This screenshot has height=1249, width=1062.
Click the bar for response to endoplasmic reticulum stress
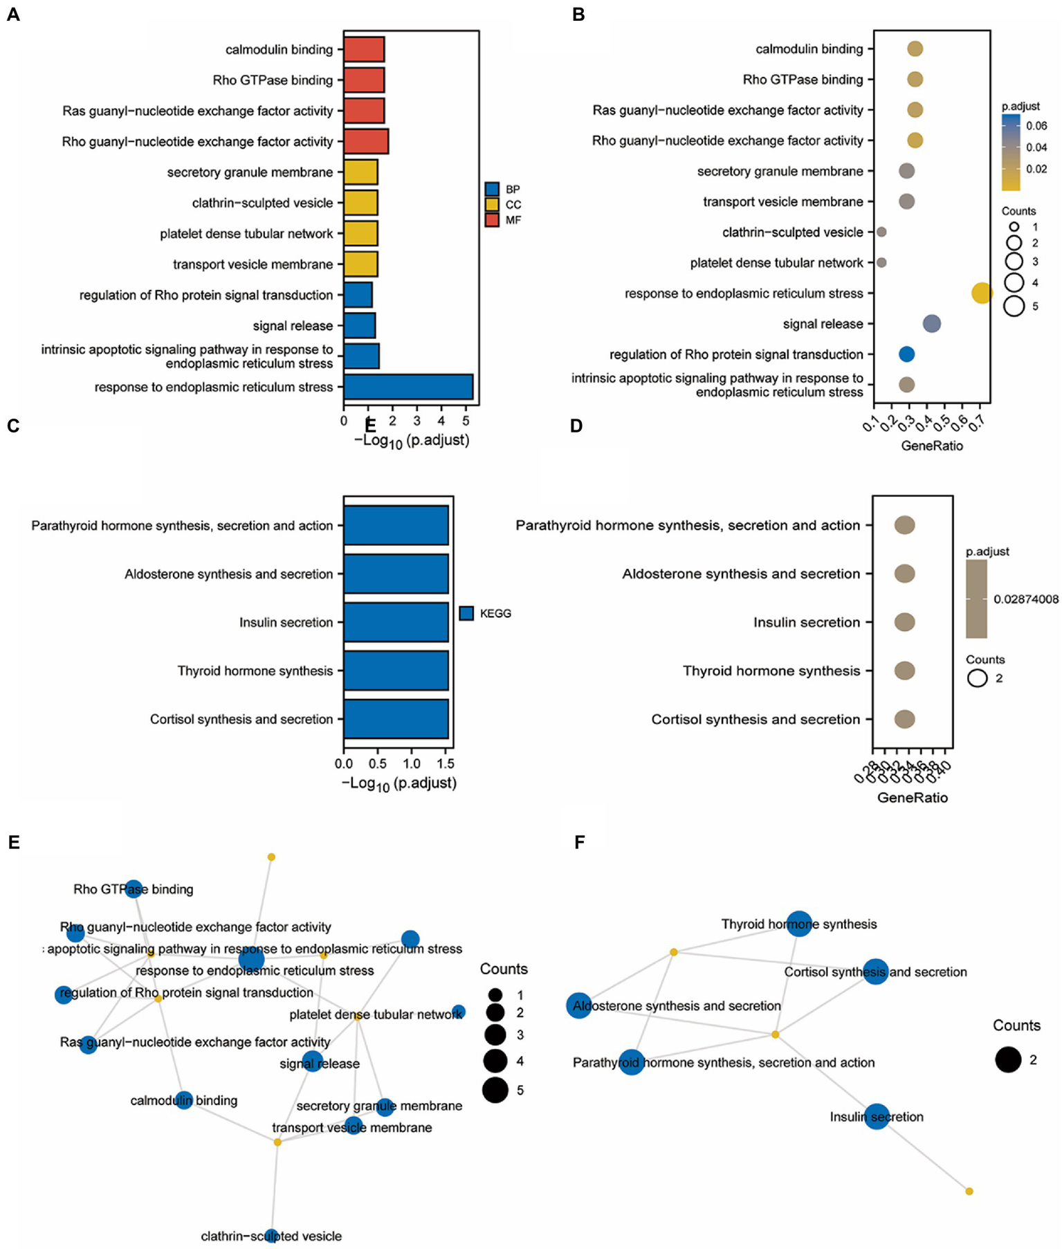point(408,387)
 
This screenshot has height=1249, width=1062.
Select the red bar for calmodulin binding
point(364,50)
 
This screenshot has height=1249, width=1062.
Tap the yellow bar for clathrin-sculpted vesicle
point(360,203)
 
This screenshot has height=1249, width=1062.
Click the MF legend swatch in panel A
point(492,220)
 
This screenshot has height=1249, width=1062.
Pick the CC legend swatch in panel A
point(492,205)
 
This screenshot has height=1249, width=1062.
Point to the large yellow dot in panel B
point(981,293)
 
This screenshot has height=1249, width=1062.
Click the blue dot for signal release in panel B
point(932,323)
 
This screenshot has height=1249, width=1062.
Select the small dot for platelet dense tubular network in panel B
point(881,263)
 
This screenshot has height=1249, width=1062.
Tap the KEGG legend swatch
point(466,613)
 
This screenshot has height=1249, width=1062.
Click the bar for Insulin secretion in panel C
point(396,622)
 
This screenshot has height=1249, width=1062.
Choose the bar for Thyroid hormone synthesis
point(396,671)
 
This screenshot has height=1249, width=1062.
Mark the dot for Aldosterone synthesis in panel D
point(904,574)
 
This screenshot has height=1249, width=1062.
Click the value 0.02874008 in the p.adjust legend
point(1025,599)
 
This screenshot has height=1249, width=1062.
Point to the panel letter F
point(580,842)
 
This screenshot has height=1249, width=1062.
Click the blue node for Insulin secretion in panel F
point(877,1117)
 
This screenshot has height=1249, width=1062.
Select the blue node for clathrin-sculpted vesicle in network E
point(272,1236)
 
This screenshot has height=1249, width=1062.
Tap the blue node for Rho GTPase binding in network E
point(134,888)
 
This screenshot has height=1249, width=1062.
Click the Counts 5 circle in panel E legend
point(495,1090)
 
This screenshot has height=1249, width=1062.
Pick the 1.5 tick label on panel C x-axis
point(446,764)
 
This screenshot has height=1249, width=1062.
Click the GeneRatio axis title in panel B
point(931,446)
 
